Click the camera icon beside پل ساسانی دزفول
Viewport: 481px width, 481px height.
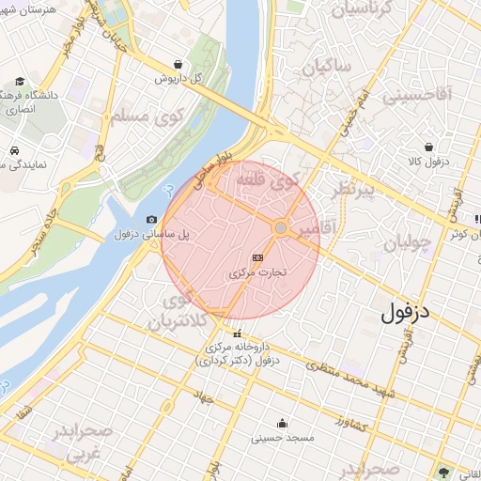pyautogui.click(x=152, y=219)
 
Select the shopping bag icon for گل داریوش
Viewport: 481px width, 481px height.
pyautogui.click(x=178, y=65)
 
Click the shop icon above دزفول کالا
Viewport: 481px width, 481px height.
pyautogui.click(x=429, y=147)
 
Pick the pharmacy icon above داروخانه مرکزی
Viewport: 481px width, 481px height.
pyautogui.click(x=237, y=334)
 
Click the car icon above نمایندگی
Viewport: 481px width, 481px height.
pyautogui.click(x=16, y=150)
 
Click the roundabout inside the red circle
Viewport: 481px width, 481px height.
pyautogui.click(x=280, y=228)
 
